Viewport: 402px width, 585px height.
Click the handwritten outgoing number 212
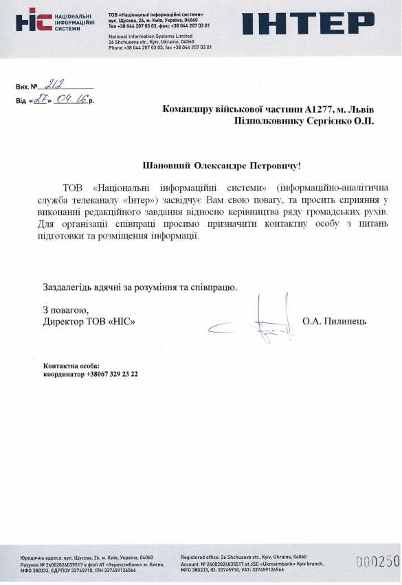(x=53, y=86)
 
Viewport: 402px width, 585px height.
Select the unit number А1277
(x=322, y=109)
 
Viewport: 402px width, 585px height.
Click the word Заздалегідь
(x=69, y=287)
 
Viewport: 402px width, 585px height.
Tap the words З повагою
(x=65, y=309)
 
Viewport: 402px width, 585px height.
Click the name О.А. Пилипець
(x=335, y=321)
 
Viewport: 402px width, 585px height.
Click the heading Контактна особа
(x=71, y=366)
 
